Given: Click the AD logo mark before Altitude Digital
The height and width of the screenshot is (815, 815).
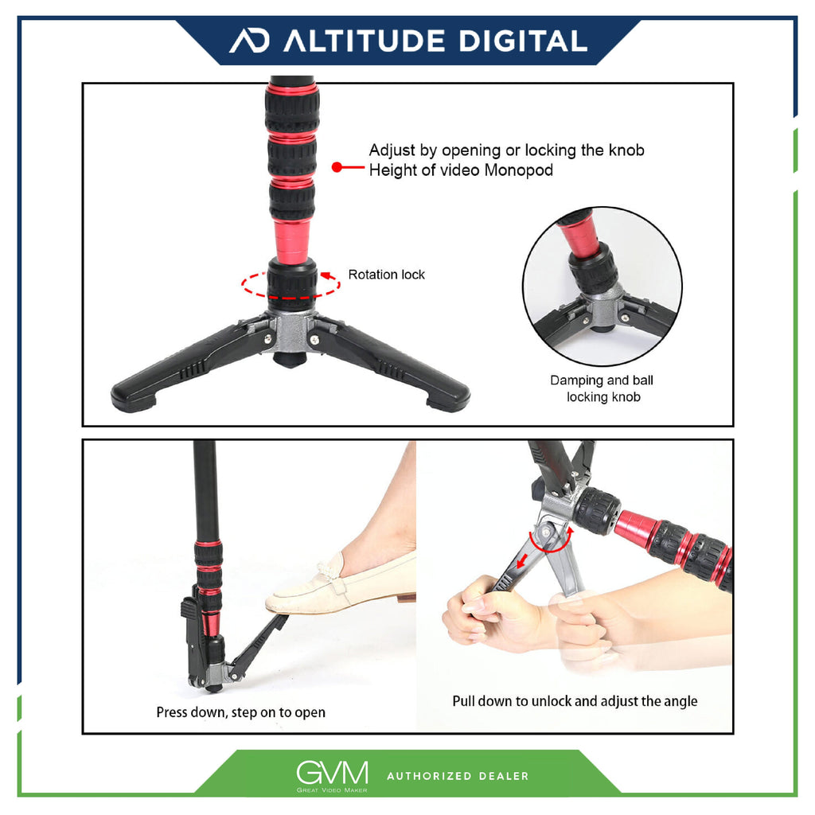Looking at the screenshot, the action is coord(249,41).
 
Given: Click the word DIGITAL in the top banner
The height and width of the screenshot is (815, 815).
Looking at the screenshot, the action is coord(524,41).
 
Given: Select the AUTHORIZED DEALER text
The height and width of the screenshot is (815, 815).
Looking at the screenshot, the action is coord(458,776).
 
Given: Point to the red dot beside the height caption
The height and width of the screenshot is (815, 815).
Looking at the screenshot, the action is coord(337,167).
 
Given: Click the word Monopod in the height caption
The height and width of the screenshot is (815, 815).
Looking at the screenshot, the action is coord(518,170).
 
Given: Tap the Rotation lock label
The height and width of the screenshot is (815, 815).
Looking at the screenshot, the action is coord(386,275).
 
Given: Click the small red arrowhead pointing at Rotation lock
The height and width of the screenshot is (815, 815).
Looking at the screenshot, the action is coord(326,275).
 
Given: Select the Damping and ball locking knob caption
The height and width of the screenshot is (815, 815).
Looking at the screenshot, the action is coord(602,388).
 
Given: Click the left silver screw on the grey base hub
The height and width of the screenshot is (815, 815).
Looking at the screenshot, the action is coord(267,339).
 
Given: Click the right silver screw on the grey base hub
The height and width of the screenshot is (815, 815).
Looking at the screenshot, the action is coord(314,340).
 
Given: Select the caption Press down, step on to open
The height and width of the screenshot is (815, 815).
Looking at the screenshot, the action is coord(240,712).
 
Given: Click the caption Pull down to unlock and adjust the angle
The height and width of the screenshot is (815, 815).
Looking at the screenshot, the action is coord(575,701).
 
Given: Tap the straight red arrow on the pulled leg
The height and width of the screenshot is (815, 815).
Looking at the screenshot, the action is coord(522,561).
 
